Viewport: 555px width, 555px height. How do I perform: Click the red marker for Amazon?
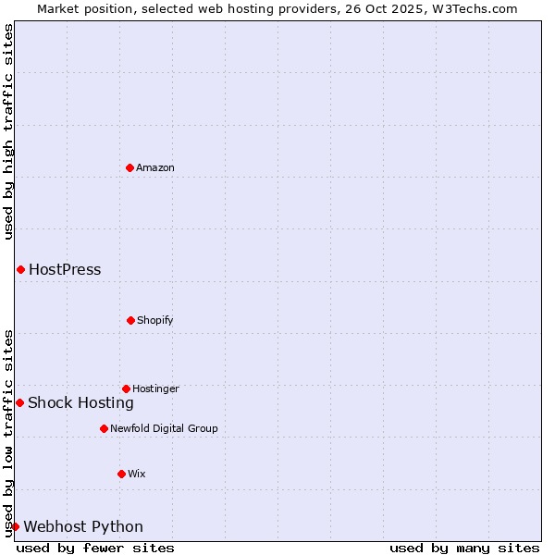[129, 167]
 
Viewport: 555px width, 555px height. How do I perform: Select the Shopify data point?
[130, 320]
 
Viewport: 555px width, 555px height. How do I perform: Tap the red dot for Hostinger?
[126, 388]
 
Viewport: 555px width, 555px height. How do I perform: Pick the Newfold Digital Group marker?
[104, 428]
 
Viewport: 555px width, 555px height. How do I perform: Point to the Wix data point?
[121, 474]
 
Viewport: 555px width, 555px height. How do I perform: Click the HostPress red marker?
[20, 269]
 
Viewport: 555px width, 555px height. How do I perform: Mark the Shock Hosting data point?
[19, 402]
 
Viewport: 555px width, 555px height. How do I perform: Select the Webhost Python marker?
[15, 526]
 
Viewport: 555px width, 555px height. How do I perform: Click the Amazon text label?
[155, 167]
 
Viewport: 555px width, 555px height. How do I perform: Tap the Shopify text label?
[155, 320]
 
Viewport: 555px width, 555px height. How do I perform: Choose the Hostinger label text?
[155, 388]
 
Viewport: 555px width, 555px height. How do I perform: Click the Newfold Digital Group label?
[164, 428]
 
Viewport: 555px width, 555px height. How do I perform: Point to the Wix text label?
[137, 474]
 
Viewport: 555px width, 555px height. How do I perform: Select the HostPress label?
[65, 270]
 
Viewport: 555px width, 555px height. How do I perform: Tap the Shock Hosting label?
[80, 402]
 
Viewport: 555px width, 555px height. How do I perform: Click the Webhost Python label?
[83, 527]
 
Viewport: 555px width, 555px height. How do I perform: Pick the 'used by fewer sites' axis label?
[95, 548]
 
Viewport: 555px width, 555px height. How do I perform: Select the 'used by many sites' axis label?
[464, 548]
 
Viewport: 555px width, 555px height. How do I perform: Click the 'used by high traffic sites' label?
[8, 131]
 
